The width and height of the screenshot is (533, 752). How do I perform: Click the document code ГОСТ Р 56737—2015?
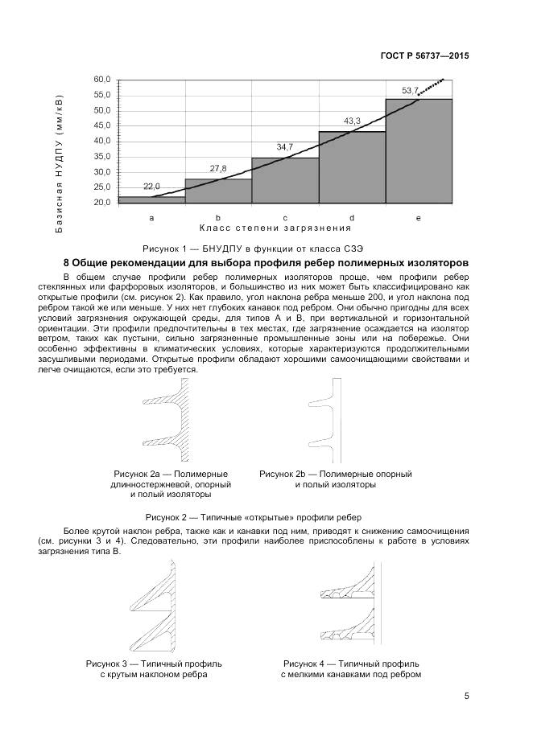pyautogui.click(x=424, y=56)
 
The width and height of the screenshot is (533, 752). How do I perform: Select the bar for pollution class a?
pyautogui.click(x=151, y=199)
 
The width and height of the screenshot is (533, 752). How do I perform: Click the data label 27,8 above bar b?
pyautogui.click(x=218, y=168)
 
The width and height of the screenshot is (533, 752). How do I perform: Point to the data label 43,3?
pyautogui.click(x=352, y=121)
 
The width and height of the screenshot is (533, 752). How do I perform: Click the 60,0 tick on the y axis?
pyautogui.click(x=101, y=80)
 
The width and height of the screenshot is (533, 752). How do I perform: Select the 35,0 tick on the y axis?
pyautogui.click(x=101, y=157)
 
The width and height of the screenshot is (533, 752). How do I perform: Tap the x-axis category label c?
pyautogui.click(x=285, y=218)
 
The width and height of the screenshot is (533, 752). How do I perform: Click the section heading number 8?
pyautogui.click(x=67, y=263)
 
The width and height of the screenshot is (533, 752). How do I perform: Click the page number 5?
pyautogui.click(x=466, y=697)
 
